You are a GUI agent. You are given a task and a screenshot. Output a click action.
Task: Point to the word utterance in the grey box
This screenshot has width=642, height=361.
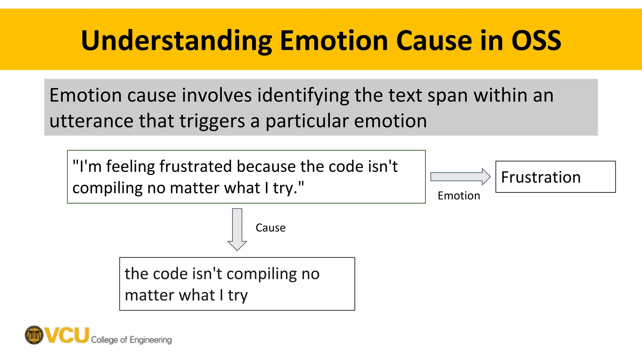coord(91,121)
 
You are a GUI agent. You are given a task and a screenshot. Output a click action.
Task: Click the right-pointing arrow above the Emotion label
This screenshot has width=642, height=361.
coord(460,177)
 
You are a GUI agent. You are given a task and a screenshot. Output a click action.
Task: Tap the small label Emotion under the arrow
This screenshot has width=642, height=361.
coord(459,196)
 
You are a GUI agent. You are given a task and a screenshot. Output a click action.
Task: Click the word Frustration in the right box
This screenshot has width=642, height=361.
coord(541,177)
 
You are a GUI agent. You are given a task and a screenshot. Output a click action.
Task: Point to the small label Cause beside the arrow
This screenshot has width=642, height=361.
coord(271,228)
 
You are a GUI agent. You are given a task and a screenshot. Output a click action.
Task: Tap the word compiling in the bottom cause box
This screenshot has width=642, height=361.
coord(261,274)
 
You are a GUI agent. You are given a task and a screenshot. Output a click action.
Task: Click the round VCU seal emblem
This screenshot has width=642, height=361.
coord(34,335)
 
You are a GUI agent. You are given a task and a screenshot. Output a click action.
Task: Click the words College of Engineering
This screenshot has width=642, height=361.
coord(131,340)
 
